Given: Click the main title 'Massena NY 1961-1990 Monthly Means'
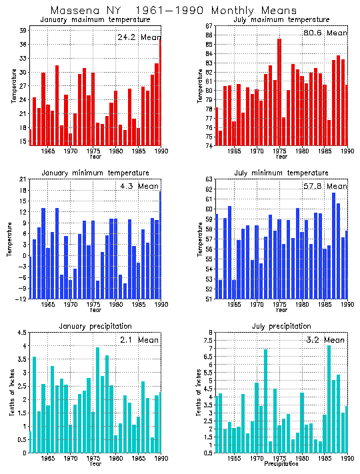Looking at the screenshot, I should [x=179, y=10].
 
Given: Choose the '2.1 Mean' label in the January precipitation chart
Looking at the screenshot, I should [x=139, y=340].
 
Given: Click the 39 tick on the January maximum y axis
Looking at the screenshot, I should [x=23, y=31].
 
